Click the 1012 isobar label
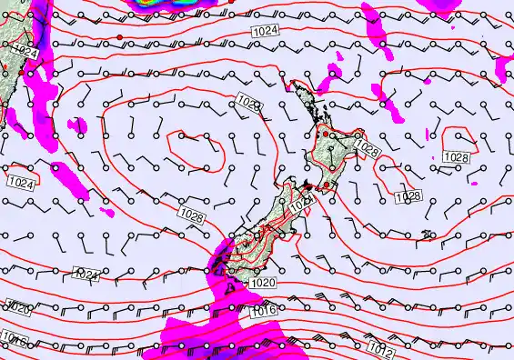pyautogui.click(x=381, y=346)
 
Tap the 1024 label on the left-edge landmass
pyautogui.click(x=26, y=53)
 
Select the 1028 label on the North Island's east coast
pyautogui.click(x=367, y=145)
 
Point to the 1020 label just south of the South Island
pyautogui.click(x=261, y=283)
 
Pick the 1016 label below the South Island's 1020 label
pyautogui.click(x=261, y=311)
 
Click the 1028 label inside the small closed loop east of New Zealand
pyautogui.click(x=456, y=158)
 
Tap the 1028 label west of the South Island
pyautogui.click(x=192, y=215)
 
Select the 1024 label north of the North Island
pyautogui.click(x=264, y=33)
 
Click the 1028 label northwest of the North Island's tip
pyautogui.click(x=252, y=106)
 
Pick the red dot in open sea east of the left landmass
pyautogui.click(x=118, y=35)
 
